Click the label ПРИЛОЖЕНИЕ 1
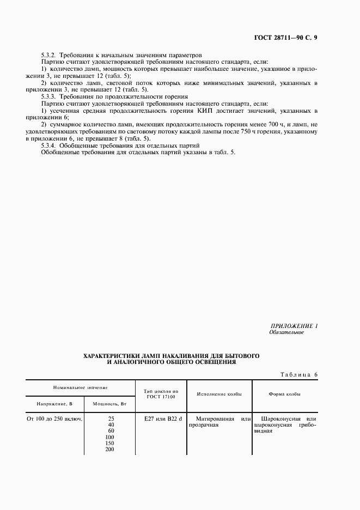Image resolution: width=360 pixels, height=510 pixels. [294, 326]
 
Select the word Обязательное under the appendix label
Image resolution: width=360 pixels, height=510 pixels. [286, 332]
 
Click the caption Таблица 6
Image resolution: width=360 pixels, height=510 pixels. [298, 374]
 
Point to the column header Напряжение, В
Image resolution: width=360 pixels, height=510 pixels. [54, 404]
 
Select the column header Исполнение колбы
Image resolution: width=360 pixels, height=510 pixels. [216, 394]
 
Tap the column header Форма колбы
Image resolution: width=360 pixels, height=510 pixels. [284, 394]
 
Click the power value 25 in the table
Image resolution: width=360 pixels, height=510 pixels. [111, 418]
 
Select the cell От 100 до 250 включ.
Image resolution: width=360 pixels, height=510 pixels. [54, 418]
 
